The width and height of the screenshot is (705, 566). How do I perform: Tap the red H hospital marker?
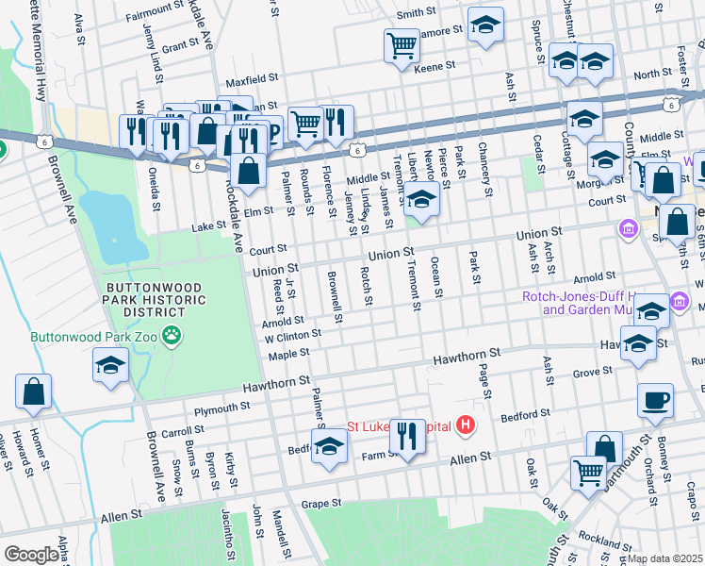click(x=464, y=426)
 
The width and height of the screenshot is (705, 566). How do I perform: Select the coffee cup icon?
click(x=655, y=400)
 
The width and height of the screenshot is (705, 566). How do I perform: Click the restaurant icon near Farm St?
click(x=407, y=435)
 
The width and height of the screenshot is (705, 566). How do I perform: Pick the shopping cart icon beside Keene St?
click(x=402, y=43)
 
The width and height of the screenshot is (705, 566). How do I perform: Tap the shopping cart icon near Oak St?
click(x=589, y=473)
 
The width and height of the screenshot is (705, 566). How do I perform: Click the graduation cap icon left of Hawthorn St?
click(x=110, y=365)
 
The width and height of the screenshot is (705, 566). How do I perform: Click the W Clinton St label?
click(x=293, y=335)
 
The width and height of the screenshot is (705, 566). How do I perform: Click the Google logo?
click(x=32, y=554)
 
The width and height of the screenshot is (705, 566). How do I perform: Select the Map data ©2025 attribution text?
click(x=664, y=558)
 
